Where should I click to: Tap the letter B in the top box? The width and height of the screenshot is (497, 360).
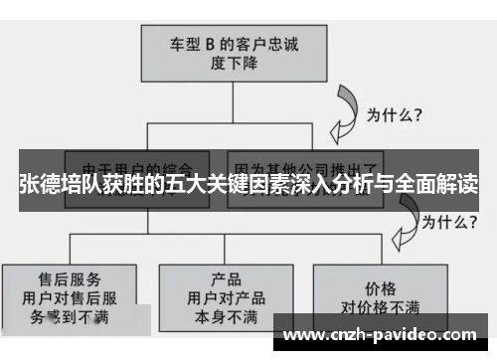(x=210, y=44)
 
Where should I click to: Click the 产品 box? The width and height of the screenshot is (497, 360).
(x=227, y=296)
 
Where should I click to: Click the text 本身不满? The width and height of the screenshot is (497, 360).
(x=227, y=317)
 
